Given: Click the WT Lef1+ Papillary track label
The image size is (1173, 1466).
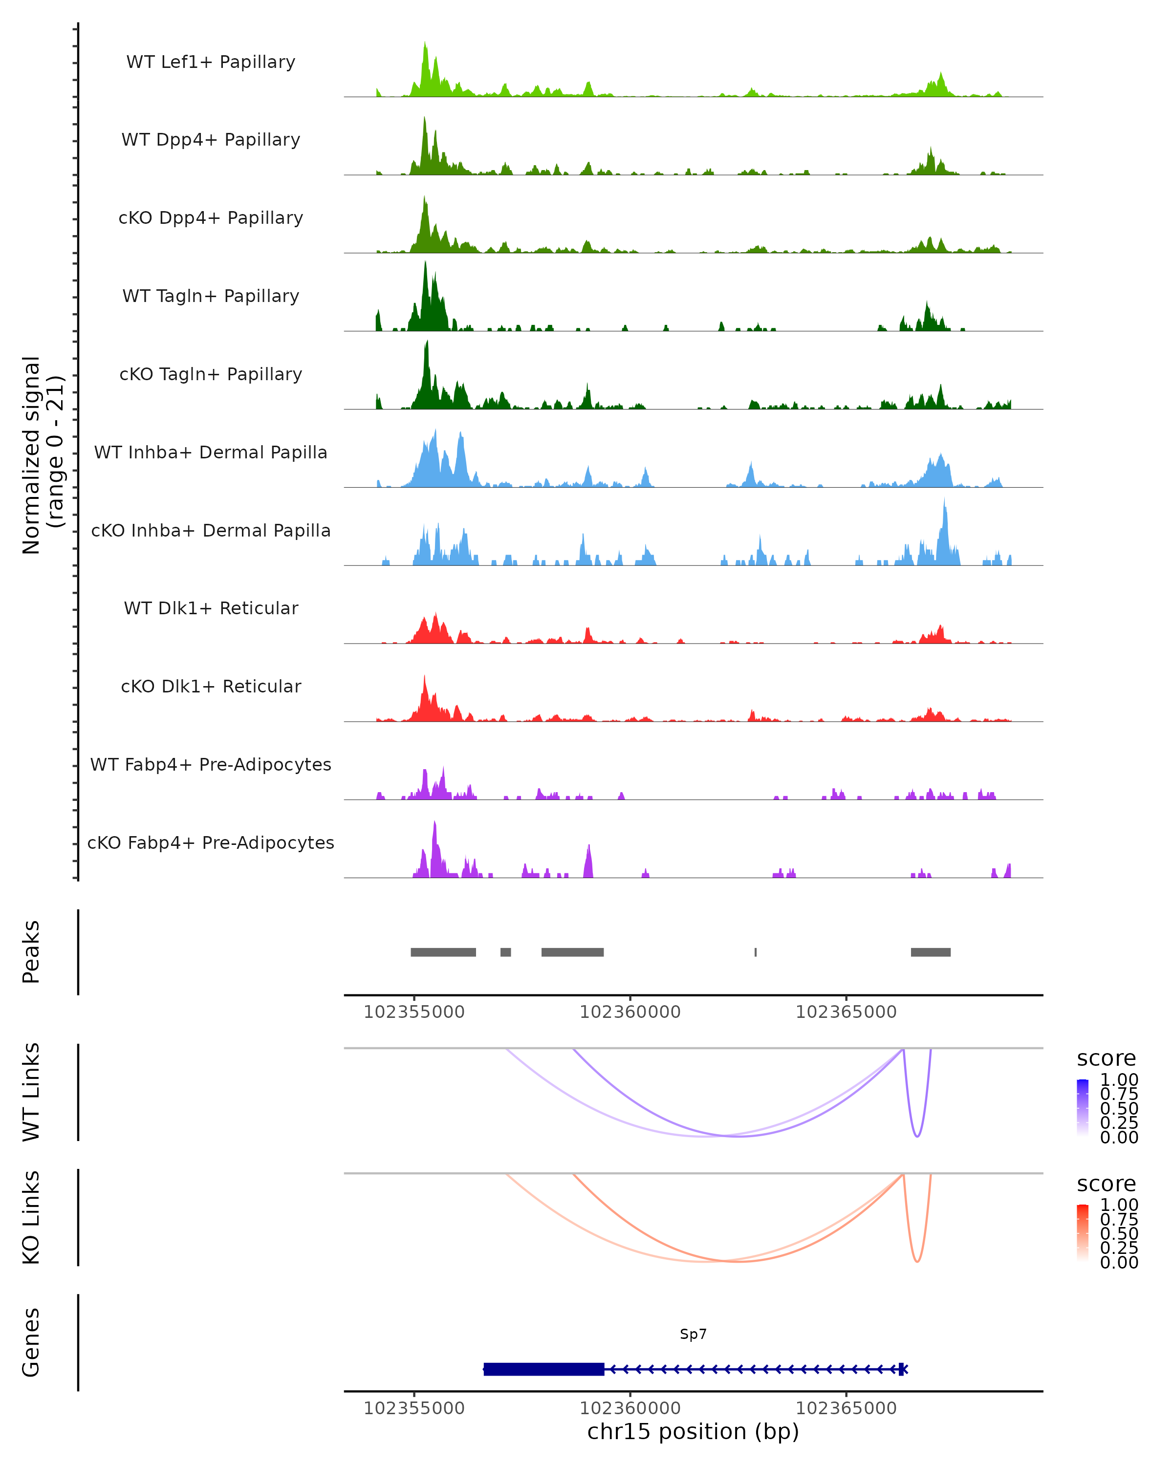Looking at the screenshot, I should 211,62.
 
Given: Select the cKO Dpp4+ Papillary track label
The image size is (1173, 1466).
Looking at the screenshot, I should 211,217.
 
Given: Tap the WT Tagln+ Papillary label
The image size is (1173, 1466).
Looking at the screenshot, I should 211,296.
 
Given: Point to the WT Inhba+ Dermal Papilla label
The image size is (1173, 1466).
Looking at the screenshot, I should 211,452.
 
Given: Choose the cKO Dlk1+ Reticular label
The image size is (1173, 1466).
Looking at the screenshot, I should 211,686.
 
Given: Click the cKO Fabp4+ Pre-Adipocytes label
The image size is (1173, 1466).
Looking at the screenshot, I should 211,842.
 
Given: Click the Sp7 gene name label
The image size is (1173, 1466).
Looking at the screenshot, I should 693,1334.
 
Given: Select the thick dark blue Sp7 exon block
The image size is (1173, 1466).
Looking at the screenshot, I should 544,1369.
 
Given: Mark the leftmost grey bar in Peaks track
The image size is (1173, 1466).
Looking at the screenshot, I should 443,952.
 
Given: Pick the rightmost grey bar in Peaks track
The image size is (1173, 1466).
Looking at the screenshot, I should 930,952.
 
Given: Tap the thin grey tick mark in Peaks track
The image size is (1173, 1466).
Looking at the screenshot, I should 756,952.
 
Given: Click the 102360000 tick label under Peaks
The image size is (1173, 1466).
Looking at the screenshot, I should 630,1012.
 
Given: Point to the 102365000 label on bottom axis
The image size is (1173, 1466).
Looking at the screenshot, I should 846,1407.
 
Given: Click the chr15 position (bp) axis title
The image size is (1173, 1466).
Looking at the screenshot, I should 693,1431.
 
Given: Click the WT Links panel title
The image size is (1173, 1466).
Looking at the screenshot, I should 31,1092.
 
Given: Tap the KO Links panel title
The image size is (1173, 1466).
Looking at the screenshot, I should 31,1217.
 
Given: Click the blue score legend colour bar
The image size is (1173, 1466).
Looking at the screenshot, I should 1083,1107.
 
